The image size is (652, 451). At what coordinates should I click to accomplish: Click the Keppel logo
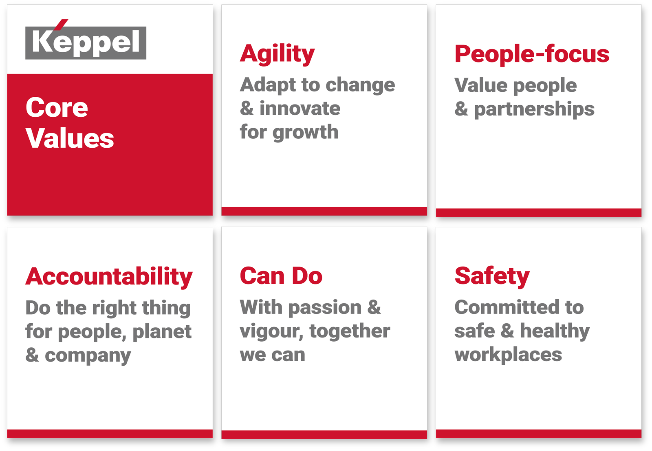click(86, 42)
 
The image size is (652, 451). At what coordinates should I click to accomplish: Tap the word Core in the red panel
click(57, 108)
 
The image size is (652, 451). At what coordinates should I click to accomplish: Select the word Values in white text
click(70, 138)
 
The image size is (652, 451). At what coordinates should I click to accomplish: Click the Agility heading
click(277, 54)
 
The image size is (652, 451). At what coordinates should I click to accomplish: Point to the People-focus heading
click(532, 54)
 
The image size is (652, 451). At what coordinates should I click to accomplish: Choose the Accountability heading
click(109, 277)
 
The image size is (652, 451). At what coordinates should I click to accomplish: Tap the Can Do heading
click(281, 276)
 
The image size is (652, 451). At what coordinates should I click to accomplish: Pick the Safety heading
click(492, 276)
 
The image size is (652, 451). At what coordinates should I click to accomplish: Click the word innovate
click(300, 109)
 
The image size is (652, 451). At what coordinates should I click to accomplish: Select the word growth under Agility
click(305, 133)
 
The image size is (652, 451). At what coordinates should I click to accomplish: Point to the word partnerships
click(534, 109)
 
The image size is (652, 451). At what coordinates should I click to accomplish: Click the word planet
click(162, 331)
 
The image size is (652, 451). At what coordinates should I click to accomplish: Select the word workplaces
click(508, 355)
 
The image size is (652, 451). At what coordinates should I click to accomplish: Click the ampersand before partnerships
click(461, 109)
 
